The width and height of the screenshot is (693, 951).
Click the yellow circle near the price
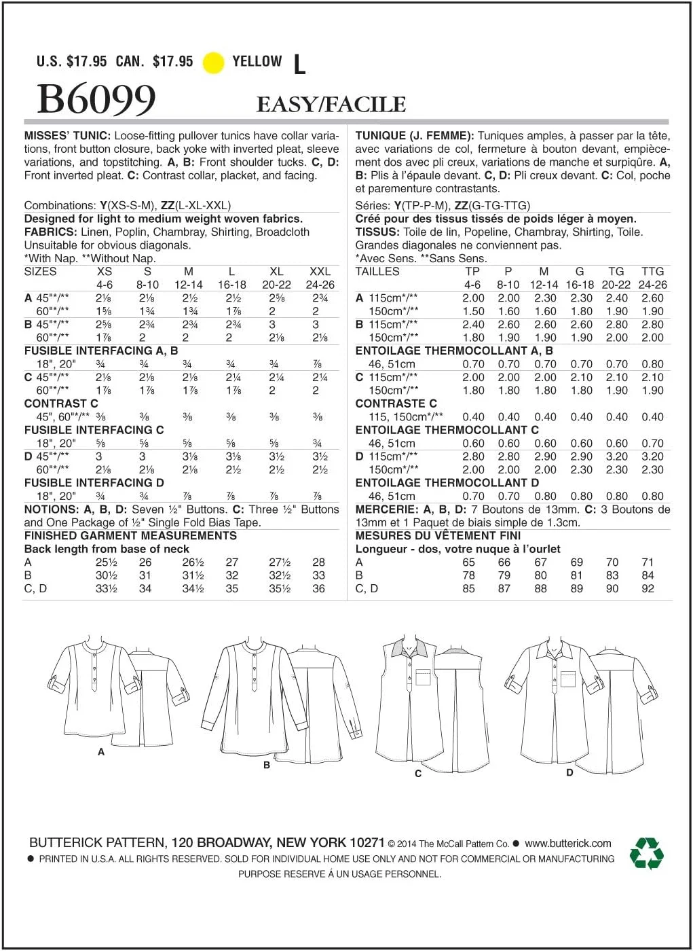tap(214, 62)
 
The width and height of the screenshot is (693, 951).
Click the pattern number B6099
tap(96, 99)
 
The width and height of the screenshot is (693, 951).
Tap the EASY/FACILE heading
tap(331, 105)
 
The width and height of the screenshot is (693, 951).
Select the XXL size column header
tap(320, 272)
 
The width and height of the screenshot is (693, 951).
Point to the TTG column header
tap(652, 272)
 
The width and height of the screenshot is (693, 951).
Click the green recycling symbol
tap(646, 853)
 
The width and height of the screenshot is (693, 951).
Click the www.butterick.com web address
tap(568, 844)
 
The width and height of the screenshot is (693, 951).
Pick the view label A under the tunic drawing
tap(101, 752)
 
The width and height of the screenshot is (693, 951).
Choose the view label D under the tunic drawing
tap(569, 772)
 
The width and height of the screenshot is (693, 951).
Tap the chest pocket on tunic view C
tap(424, 680)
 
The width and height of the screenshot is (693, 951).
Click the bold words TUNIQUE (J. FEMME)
tap(414, 136)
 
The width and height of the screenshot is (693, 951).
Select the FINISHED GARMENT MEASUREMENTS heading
tap(130, 536)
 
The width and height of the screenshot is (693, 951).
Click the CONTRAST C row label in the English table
tap(61, 403)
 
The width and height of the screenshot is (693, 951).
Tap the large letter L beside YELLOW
tap(299, 65)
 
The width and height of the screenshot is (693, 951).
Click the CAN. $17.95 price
tap(154, 62)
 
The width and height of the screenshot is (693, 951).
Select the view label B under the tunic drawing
tap(267, 765)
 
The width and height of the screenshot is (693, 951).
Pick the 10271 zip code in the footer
tap(368, 842)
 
